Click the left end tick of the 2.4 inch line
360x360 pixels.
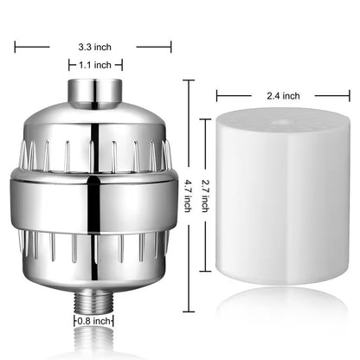pyautogui.click(x=217, y=96)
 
